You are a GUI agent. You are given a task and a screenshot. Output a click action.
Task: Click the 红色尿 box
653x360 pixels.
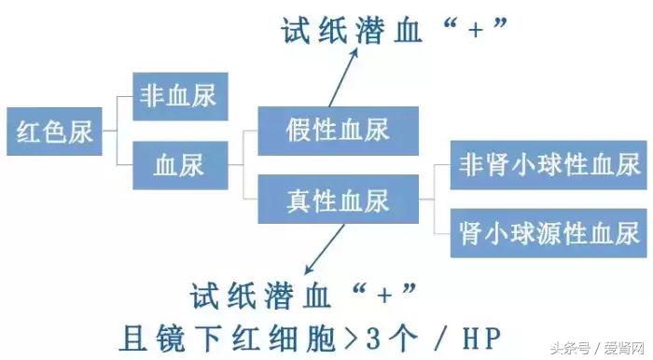pos(55,132)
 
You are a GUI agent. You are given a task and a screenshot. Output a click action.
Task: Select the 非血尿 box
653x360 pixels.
pos(179,95)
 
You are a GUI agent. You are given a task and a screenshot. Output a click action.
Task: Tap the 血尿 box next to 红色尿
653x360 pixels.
pos(179,166)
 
